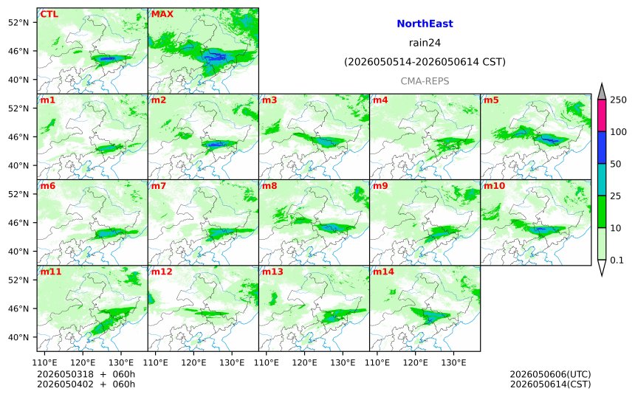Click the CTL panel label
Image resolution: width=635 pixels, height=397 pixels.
click(x=49, y=14)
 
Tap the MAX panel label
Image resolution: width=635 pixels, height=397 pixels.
click(x=162, y=14)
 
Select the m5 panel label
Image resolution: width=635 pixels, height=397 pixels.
click(x=491, y=100)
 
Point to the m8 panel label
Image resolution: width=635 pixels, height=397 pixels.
click(x=270, y=186)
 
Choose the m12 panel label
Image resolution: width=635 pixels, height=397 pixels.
click(x=161, y=272)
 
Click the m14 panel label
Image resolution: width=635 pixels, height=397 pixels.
click(x=383, y=272)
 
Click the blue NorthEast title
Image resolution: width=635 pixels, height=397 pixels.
click(x=425, y=24)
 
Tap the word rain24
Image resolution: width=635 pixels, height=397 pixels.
click(x=425, y=43)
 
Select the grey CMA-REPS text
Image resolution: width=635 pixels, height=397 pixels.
click(x=425, y=81)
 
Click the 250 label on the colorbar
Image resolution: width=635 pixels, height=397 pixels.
click(x=618, y=100)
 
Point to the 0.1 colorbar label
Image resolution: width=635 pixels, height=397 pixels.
click(x=617, y=260)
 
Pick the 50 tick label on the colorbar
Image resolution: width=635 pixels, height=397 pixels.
click(x=615, y=164)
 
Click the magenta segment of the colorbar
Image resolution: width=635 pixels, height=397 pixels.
click(x=602, y=115)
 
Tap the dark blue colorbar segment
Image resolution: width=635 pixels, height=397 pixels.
click(x=602, y=148)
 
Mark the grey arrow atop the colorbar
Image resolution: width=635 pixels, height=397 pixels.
click(x=602, y=92)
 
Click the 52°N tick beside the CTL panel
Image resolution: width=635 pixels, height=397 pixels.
click(x=18, y=22)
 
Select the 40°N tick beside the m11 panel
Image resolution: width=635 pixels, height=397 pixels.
click(x=18, y=337)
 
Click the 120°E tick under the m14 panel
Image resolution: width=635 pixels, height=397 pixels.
click(x=416, y=362)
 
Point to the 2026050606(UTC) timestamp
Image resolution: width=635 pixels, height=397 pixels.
click(x=550, y=374)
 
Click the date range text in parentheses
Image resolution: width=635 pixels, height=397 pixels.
click(x=425, y=62)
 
